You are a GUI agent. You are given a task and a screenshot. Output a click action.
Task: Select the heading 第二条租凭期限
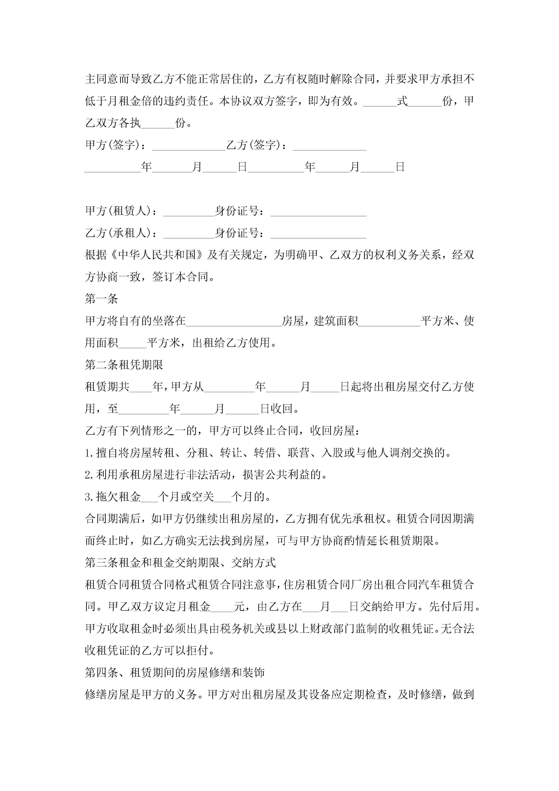point(124,364)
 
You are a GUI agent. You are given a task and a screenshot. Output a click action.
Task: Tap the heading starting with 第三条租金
point(180,563)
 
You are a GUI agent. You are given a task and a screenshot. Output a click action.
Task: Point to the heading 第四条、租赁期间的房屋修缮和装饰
point(175,672)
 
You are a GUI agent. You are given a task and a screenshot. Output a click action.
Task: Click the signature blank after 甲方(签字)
point(188,146)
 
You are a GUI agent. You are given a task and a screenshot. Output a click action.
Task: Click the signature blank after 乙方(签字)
point(329,146)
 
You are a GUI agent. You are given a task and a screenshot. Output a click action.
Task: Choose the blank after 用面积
point(132,343)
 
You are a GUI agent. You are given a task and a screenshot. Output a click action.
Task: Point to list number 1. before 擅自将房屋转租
point(89,453)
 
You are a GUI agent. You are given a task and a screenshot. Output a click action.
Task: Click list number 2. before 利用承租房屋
point(89,475)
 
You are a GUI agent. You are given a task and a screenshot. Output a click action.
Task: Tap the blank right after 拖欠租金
point(149,497)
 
